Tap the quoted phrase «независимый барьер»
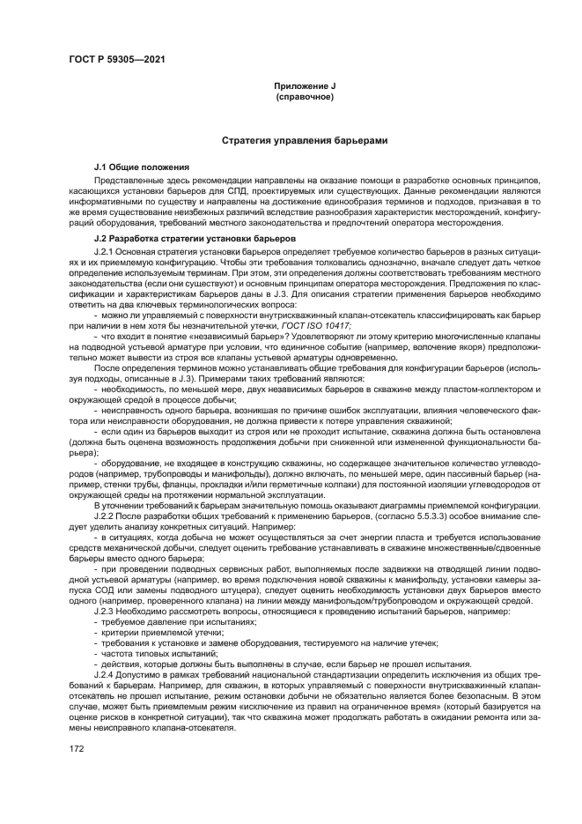[201, 337]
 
